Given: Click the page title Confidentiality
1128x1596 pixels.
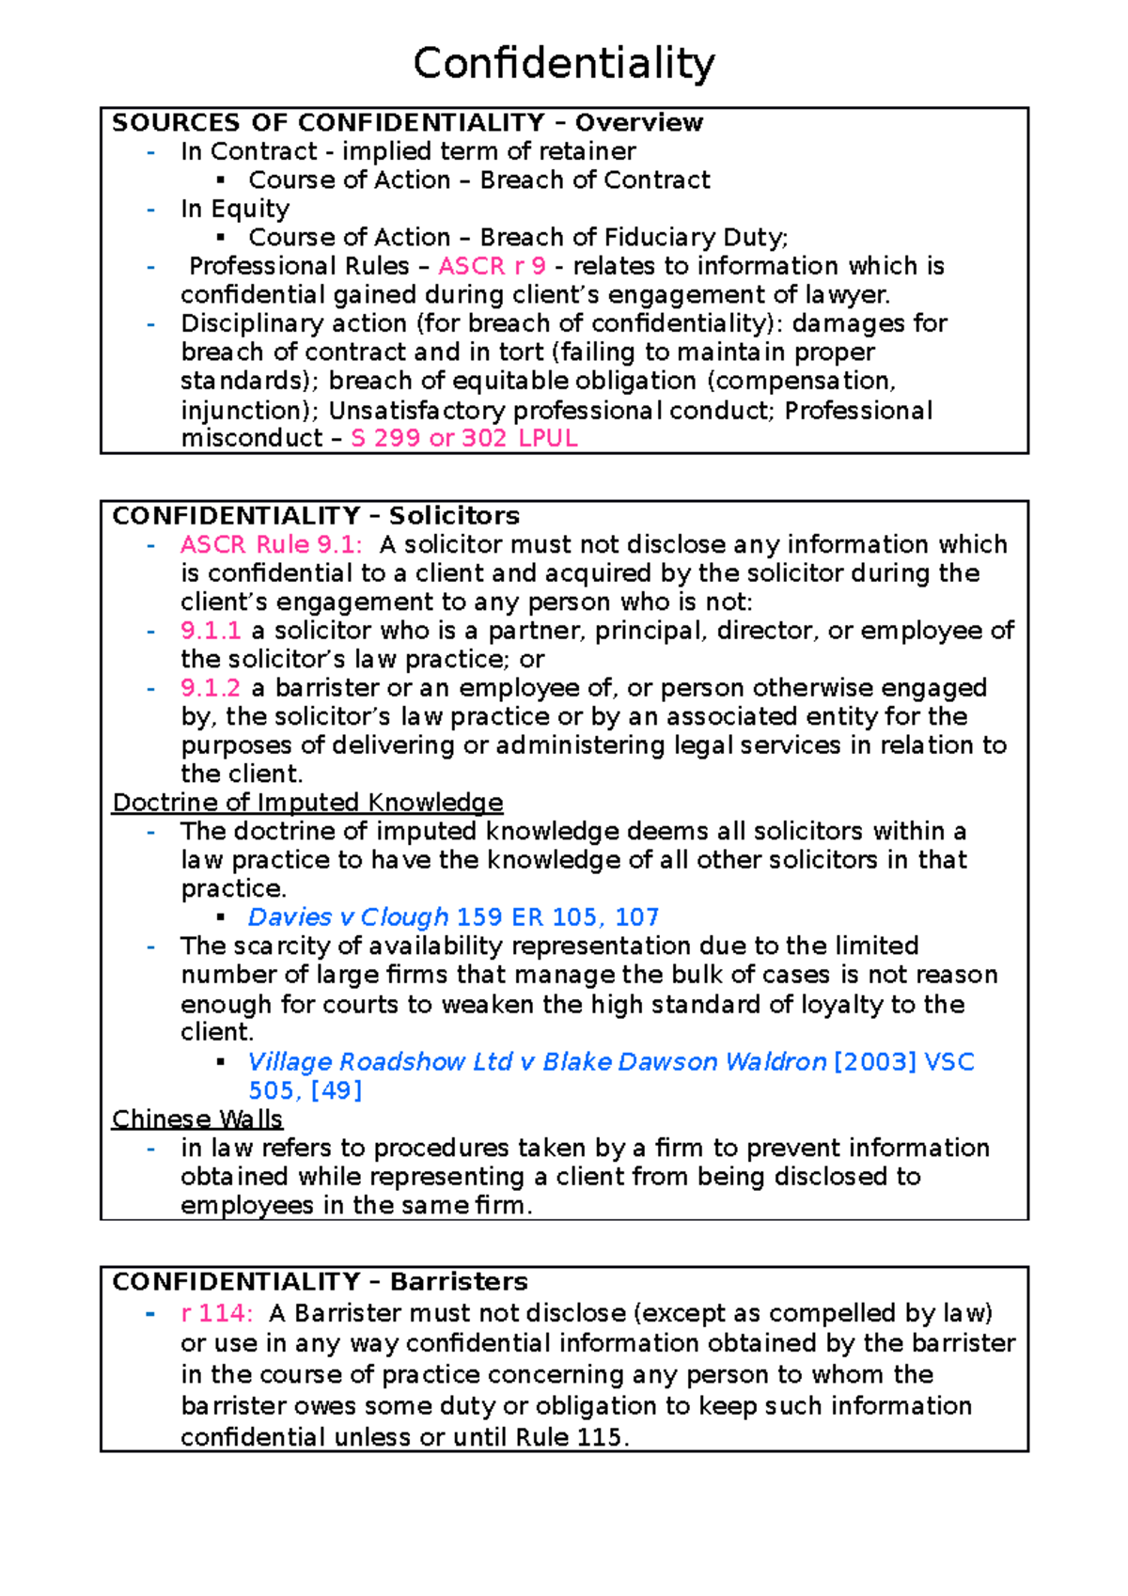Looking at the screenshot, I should tap(564, 64).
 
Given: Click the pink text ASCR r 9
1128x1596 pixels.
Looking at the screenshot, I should tap(492, 266).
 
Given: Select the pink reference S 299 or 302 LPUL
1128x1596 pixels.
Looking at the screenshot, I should tap(463, 438).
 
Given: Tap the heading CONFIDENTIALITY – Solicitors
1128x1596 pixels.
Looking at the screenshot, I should tap(316, 516).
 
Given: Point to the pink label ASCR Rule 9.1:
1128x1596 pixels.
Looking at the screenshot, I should tap(272, 544).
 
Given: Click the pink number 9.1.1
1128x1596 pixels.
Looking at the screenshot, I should tap(211, 631).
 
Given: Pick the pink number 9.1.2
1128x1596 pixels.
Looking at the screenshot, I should tap(211, 688).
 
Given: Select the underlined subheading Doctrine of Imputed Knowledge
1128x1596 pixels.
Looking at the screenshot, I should tap(307, 803).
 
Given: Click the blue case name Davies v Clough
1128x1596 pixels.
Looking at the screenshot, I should tap(348, 917).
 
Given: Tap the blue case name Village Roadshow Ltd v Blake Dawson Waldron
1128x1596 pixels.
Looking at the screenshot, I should tap(537, 1062).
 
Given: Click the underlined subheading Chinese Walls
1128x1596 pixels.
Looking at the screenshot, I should tap(197, 1119).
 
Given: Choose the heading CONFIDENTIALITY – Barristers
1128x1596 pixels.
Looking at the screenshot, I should tap(320, 1282).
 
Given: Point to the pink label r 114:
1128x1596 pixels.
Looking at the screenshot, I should tap(216, 1313).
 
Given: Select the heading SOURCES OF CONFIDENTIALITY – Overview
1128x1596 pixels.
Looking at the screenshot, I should tap(407, 123).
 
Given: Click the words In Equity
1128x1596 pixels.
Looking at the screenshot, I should tap(235, 209).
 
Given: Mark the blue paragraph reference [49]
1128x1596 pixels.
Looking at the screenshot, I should tap(336, 1090).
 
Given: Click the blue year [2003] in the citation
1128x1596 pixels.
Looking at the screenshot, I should tap(874, 1062).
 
